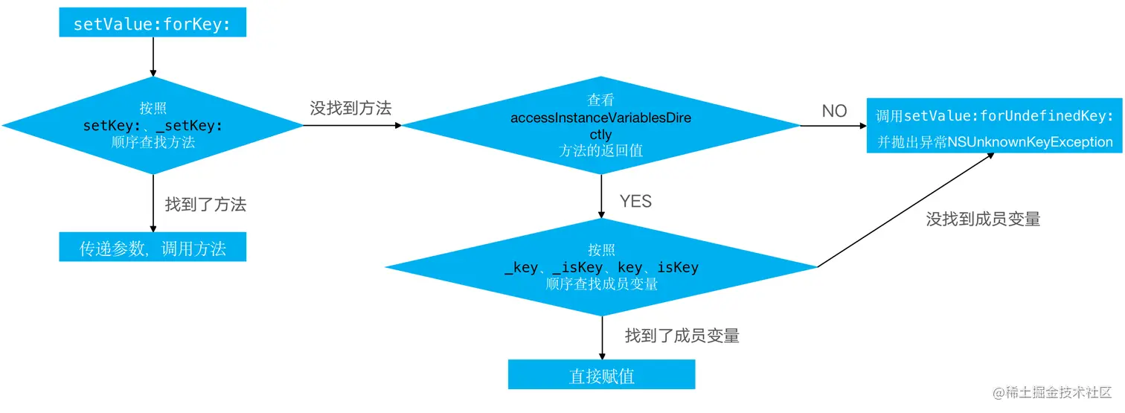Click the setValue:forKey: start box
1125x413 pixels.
coord(153,23)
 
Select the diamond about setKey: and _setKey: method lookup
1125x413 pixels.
coord(153,125)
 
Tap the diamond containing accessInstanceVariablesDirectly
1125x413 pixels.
coord(600,125)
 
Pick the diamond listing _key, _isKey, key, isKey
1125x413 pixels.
coord(601,267)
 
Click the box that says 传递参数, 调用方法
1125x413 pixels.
coord(153,248)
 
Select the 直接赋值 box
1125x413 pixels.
coord(601,375)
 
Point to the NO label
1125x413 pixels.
coord(834,111)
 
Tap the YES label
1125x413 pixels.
coord(635,201)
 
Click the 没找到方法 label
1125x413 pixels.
coord(350,108)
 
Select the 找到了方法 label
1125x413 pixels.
coord(205,205)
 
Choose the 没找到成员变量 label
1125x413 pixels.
coord(983,219)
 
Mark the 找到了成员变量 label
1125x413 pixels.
coord(682,336)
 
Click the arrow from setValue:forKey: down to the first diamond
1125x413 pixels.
coord(153,57)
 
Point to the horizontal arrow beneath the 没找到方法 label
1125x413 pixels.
coord(352,125)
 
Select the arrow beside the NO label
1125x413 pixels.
coord(833,125)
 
